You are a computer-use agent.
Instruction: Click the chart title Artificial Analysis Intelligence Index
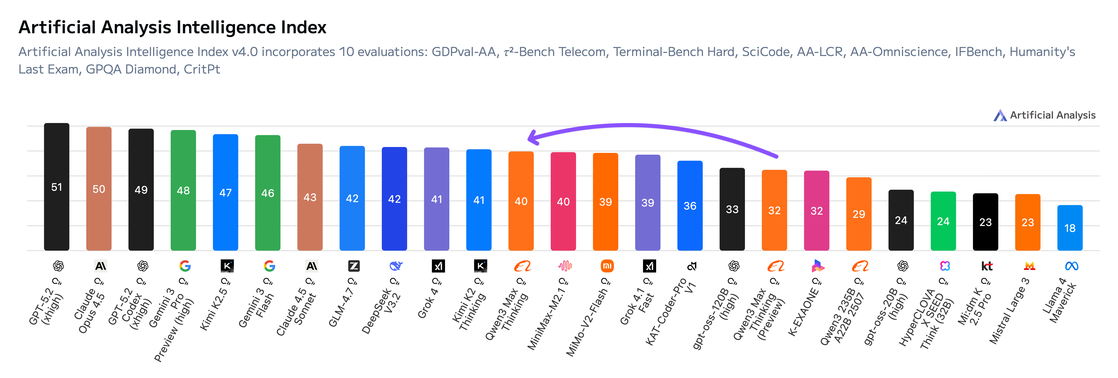[x=172, y=27]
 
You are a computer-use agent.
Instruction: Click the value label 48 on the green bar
[x=183, y=191]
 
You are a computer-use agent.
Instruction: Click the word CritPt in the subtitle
[x=202, y=69]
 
